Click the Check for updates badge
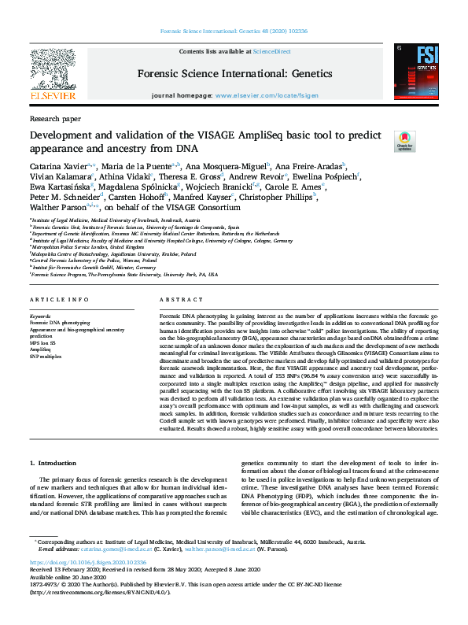pos(404,141)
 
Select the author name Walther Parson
pos(59,208)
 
